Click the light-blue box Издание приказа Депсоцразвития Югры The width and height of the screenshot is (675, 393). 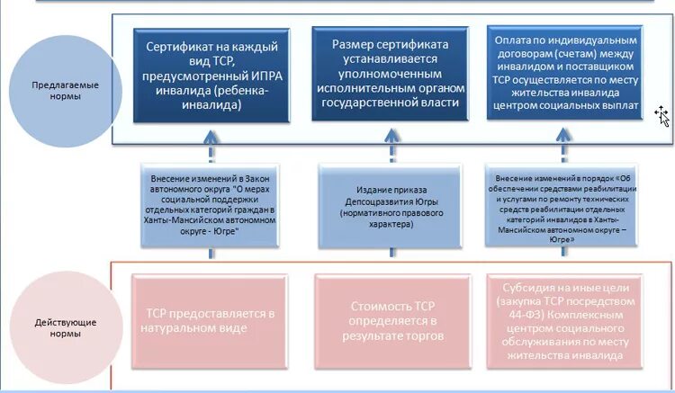390,205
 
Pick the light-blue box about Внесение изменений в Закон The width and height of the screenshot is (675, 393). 211,205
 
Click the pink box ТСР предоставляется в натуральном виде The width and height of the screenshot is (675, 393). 210,320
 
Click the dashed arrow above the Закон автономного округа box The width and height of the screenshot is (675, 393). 211,144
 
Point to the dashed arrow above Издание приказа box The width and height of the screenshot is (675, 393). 390,144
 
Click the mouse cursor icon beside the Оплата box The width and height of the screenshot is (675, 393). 662,115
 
